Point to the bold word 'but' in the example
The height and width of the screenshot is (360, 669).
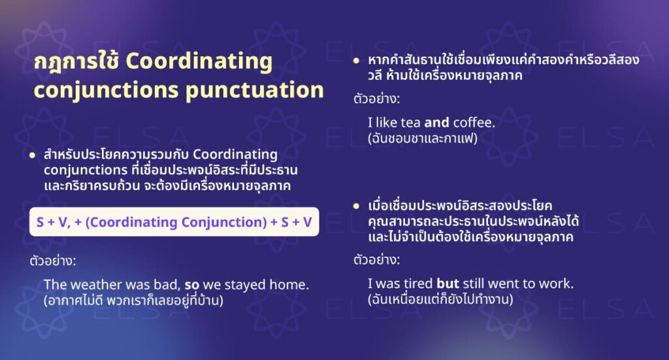tap(449, 284)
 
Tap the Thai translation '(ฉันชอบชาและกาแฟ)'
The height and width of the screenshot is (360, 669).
tap(423, 139)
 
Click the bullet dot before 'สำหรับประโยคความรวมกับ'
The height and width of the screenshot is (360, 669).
tap(33, 155)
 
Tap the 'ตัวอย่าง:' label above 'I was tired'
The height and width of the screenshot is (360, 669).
tap(376, 259)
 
